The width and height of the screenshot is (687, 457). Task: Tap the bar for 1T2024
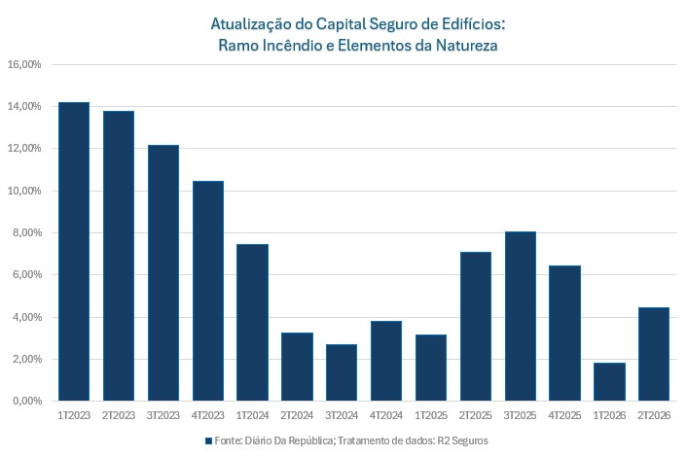click(252, 322)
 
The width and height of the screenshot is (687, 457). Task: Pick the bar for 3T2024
click(342, 372)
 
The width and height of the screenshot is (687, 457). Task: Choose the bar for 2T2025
click(475, 326)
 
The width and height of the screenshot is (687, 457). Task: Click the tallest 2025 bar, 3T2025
click(520, 316)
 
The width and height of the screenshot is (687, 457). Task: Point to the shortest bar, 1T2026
click(609, 381)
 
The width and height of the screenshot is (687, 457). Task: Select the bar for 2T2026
click(653, 354)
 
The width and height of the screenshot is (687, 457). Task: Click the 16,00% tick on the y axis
click(24, 65)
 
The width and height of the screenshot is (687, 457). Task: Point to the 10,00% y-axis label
click(24, 192)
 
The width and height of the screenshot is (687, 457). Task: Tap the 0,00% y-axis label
click(26, 402)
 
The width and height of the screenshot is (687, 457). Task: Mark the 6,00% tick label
click(26, 275)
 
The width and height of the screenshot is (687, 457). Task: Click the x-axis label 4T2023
click(207, 415)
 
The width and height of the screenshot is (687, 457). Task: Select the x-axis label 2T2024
click(297, 415)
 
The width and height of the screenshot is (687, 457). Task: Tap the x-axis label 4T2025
click(564, 415)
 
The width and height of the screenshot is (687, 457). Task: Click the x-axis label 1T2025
click(430, 415)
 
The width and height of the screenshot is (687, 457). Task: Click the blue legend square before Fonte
click(208, 440)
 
